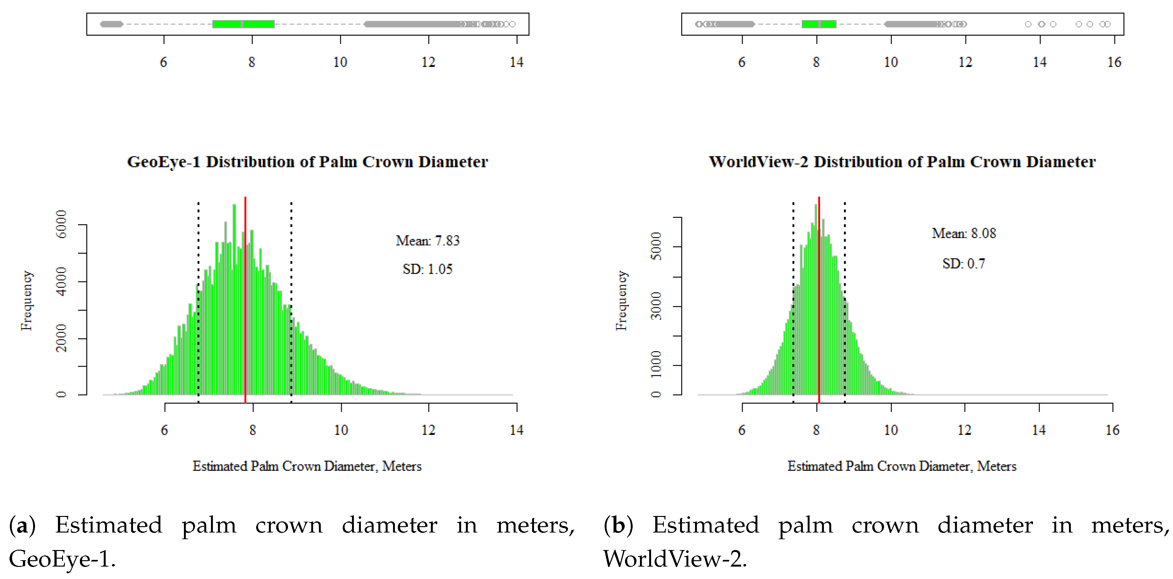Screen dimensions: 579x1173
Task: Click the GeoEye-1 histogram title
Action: click(307, 162)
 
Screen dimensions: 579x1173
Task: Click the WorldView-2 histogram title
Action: click(902, 162)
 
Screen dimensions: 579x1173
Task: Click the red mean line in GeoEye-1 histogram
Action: click(245, 319)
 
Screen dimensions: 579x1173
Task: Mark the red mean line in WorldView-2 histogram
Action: click(819, 319)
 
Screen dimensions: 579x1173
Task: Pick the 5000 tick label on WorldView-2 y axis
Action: click(656, 246)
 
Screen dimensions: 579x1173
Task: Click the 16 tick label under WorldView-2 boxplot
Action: click(1114, 62)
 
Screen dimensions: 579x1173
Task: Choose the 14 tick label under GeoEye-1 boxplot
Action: click(516, 62)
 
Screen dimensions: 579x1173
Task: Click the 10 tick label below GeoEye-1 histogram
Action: click(341, 430)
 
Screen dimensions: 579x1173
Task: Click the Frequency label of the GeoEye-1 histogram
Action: click(26, 301)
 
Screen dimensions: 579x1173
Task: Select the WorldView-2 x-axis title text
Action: click(902, 466)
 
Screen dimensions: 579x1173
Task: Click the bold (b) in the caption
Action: click(618, 525)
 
